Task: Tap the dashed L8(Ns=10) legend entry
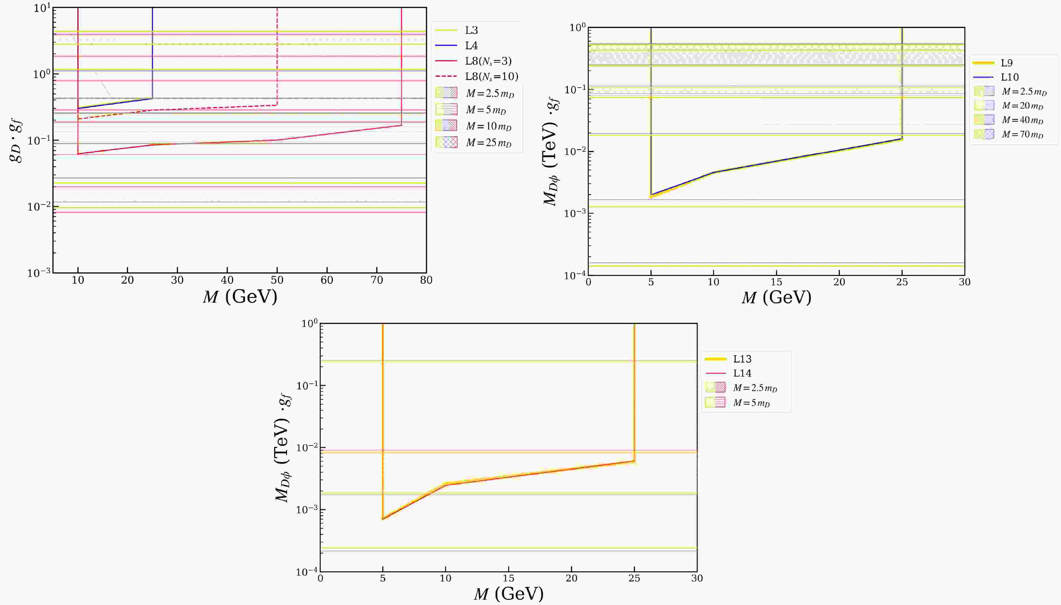pyautogui.click(x=491, y=77)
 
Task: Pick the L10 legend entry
pyautogui.click(x=1009, y=77)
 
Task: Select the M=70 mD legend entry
pyautogui.click(x=1022, y=135)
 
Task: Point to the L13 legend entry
pyautogui.click(x=742, y=359)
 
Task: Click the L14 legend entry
pyautogui.click(x=742, y=373)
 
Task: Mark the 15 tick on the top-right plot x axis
pyautogui.click(x=776, y=282)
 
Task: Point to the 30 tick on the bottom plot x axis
pyautogui.click(x=697, y=578)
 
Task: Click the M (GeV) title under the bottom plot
pyautogui.click(x=508, y=594)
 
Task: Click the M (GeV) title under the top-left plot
pyautogui.click(x=240, y=297)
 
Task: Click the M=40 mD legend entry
pyautogui.click(x=1022, y=120)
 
